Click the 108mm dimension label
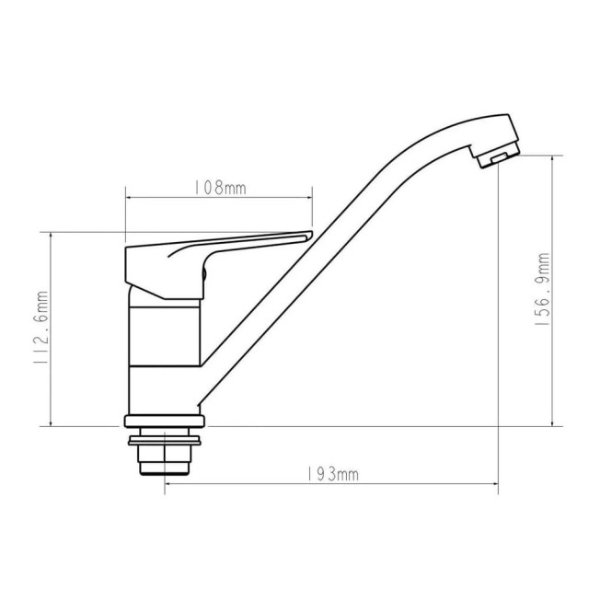pos(218,187)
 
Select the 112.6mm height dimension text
pos(40,329)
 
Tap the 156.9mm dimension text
pos(543,289)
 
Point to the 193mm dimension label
pos(330,474)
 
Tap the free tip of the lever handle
pos(306,237)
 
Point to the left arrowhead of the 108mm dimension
pos(128,197)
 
